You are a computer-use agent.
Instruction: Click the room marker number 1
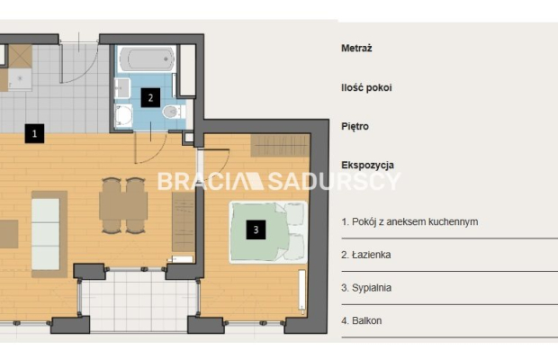tap(34, 134)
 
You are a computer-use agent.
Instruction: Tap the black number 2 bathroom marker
tap(150, 98)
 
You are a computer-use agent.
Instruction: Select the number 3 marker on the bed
tap(256, 229)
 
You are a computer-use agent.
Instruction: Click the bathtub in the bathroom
tap(148, 58)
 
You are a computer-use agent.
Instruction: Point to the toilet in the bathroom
tap(174, 112)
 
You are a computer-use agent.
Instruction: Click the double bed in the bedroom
tap(268, 232)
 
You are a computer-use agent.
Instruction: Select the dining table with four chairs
tap(123, 205)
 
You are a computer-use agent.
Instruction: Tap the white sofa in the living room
tap(46, 234)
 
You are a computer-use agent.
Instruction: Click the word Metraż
tap(356, 48)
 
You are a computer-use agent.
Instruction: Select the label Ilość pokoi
tap(366, 87)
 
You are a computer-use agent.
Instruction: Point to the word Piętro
tap(355, 126)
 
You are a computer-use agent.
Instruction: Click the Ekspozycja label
tap(367, 165)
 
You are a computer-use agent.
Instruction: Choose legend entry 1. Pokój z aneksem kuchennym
tap(409, 221)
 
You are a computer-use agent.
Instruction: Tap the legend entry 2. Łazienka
tap(365, 255)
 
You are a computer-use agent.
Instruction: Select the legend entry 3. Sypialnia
tap(366, 287)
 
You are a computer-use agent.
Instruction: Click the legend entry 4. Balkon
tap(362, 320)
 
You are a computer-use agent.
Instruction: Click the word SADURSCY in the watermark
tap(334, 182)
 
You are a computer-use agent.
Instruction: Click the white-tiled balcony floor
tap(139, 300)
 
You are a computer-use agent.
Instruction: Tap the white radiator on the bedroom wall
tap(302, 292)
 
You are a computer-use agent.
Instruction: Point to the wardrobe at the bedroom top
tap(280, 145)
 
